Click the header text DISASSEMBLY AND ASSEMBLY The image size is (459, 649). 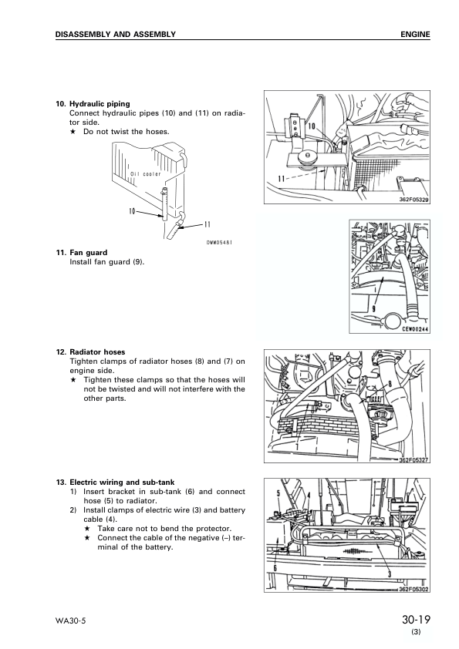tap(116, 35)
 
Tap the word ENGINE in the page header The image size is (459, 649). tap(415, 35)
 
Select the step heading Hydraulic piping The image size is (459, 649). tap(100, 104)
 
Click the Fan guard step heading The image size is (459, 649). tap(88, 253)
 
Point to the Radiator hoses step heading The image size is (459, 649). tap(97, 352)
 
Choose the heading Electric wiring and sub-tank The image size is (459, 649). tap(122, 483)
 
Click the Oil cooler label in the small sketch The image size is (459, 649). tap(145, 174)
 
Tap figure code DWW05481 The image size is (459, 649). tap(219, 242)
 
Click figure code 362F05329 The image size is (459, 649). tap(413, 200)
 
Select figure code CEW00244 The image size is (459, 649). tap(416, 329)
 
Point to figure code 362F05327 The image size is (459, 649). tap(413, 460)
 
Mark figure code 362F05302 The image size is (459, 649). tap(413, 590)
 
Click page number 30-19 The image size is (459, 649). tap(416, 620)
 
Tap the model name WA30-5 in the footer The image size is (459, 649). tap(70, 620)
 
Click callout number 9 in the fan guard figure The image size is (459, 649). tap(373, 308)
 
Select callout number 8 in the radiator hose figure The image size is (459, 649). tap(390, 384)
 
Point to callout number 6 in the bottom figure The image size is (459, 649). tap(275, 568)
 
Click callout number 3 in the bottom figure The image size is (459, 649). tap(390, 573)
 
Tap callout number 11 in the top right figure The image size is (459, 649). tap(282, 179)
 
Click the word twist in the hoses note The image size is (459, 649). tap(121, 132)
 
